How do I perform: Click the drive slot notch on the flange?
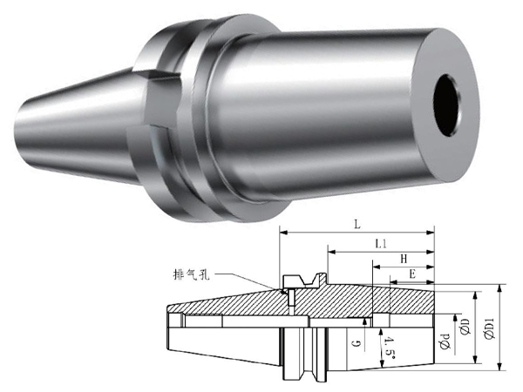162,100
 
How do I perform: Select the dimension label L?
357,225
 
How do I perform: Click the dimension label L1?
381,244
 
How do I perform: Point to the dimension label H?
404,259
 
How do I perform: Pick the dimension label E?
412,274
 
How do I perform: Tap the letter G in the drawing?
357,342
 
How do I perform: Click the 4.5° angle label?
390,348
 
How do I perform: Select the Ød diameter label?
445,341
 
